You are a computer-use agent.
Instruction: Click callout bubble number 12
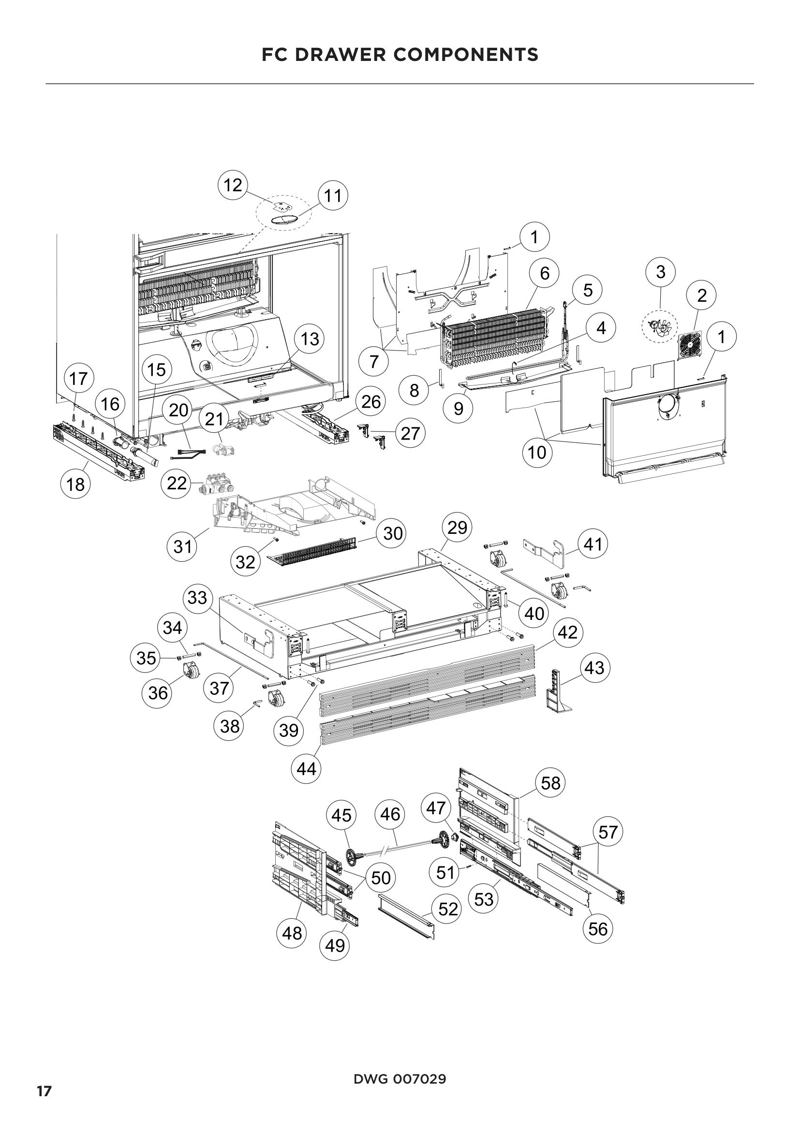coord(233,186)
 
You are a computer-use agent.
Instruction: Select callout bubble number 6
coord(544,273)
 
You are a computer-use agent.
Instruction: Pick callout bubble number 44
coord(306,768)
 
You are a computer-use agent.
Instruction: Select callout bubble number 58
coord(551,783)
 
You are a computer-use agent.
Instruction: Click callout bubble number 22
coord(177,483)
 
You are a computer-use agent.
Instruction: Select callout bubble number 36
coord(158,692)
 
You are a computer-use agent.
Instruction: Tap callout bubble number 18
coord(75,485)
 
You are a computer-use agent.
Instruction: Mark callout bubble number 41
coord(593,544)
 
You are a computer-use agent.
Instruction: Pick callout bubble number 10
coord(537,452)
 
